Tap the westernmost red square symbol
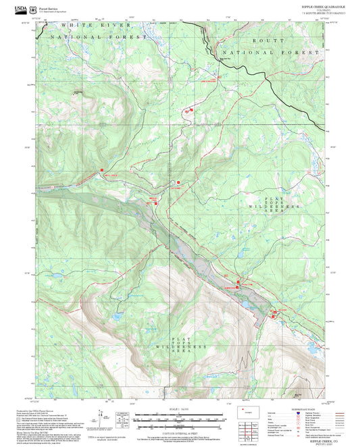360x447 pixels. [101, 169]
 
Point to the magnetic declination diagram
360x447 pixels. [122, 421]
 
